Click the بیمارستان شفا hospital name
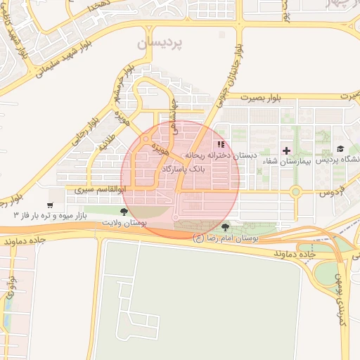(285, 162)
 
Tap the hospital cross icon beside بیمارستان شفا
(286, 150)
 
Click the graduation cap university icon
(341, 149)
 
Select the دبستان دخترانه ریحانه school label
(221, 155)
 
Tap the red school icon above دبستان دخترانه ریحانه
(221, 144)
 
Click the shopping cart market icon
(49, 206)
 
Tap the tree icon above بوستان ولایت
(124, 211)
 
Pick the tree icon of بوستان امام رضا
(225, 227)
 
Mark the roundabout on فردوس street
(296, 191)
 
